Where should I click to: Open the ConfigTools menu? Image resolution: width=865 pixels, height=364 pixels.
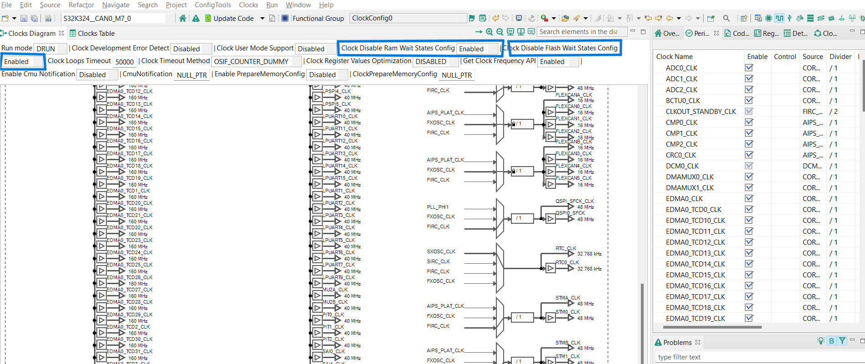[213, 5]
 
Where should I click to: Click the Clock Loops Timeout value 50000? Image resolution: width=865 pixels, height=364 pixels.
[124, 62]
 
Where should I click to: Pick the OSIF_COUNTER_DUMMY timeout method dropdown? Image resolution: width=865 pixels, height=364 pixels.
[256, 62]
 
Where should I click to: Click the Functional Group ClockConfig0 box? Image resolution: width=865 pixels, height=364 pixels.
[407, 18]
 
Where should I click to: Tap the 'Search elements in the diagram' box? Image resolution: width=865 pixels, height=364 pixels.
[578, 32]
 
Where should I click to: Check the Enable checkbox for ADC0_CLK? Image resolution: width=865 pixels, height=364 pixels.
[749, 68]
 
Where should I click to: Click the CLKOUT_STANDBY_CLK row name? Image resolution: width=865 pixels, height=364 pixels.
[700, 111]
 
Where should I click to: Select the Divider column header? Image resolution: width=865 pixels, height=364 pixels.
[840, 56]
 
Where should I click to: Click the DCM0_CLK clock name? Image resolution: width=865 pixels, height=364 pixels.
[682, 166]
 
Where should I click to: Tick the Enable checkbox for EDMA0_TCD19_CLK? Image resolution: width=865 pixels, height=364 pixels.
[749, 318]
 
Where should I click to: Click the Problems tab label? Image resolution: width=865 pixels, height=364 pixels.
[677, 342]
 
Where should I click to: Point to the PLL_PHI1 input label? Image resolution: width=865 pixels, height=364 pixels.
[438, 207]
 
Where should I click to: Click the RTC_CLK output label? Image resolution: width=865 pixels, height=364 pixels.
[565, 248]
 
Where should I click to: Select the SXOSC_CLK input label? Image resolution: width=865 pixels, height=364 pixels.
[441, 251]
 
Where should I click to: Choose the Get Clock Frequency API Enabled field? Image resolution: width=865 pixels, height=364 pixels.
[558, 62]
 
